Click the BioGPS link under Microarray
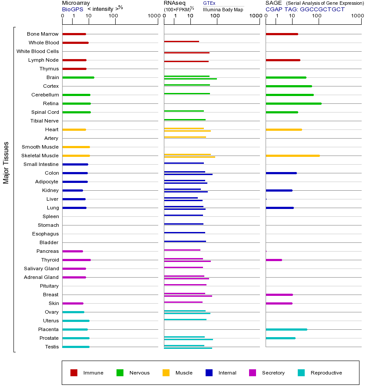73,9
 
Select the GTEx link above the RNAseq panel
209,3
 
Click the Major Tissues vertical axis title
6,162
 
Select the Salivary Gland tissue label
41,268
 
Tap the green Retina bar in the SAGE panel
293,103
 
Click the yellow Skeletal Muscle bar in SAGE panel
293,156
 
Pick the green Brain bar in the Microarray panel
78,77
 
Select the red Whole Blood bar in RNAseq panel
181,42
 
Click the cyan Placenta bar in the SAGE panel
286,329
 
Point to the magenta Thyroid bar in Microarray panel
77,260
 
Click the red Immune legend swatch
74,373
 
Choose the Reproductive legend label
326,373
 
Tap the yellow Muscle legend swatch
166,373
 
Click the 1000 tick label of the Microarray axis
153,16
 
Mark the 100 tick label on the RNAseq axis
215,16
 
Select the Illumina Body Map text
223,9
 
